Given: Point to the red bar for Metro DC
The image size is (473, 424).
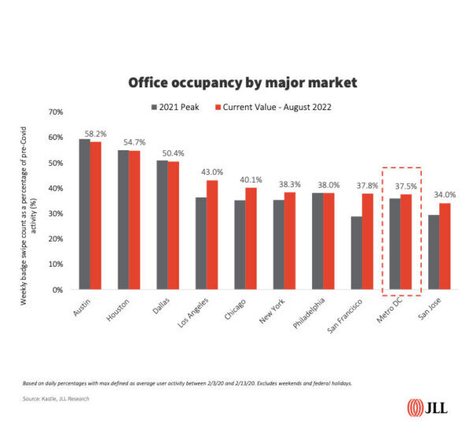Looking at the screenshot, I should (x=406, y=241).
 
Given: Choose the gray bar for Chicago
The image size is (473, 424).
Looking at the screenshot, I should (x=240, y=245).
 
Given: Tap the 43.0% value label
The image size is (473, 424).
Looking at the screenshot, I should (x=212, y=172).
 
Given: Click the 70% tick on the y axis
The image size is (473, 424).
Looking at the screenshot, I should (x=56, y=112).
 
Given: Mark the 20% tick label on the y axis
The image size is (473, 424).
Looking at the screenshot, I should (x=56, y=239).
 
